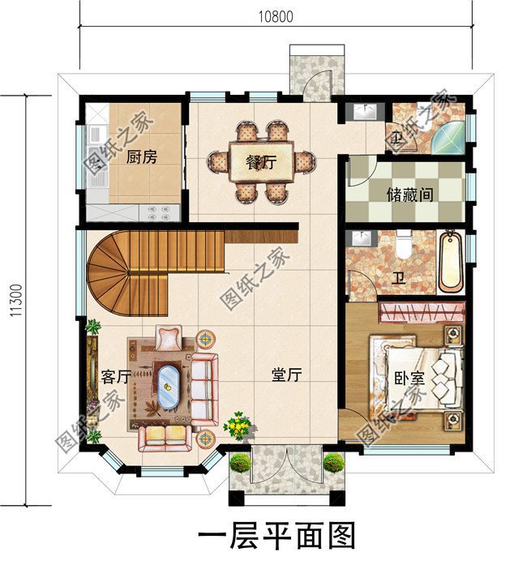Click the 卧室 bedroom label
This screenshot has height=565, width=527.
[x=409, y=378]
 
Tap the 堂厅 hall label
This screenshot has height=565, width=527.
[x=286, y=375]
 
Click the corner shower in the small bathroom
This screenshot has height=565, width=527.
[x=449, y=139]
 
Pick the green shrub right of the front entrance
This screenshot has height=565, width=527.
[x=333, y=463]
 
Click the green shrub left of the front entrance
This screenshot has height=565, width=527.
[x=240, y=463]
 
